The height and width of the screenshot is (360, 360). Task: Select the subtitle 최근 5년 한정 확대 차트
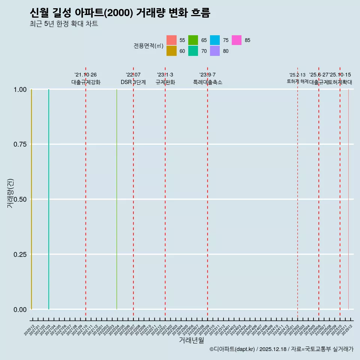coord(64,24)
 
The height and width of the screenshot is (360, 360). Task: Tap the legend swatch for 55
coord(171,40)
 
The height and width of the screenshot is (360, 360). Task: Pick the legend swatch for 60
coord(171,51)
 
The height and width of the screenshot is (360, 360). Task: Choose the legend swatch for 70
coord(193,51)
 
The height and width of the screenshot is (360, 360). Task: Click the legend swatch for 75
coord(215,40)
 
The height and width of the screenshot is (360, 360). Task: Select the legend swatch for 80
coord(215,51)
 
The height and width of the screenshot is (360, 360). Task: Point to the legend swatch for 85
coord(237,40)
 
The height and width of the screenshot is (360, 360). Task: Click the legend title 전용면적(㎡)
coord(148,46)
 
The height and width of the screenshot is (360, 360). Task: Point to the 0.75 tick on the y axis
coord(20,144)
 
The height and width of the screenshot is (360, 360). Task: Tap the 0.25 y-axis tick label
coord(20,255)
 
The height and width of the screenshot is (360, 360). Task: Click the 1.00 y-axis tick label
coord(20,90)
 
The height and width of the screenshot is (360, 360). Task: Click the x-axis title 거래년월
coord(191,340)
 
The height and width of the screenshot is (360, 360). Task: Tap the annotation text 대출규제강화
coord(86,82)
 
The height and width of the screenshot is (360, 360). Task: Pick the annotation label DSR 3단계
coord(133,82)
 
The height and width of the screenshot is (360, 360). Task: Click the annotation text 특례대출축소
coord(207,82)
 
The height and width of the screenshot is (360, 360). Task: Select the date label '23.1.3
coord(165,75)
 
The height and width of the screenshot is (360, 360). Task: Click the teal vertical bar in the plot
coord(49,199)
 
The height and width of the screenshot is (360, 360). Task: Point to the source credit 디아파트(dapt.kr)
coord(232,349)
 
